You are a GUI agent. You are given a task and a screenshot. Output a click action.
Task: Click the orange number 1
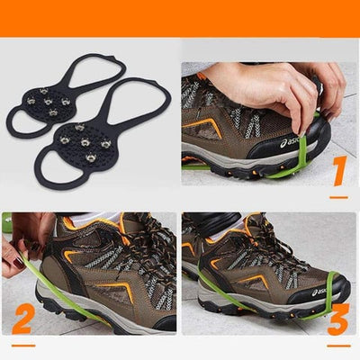click(x=338, y=171)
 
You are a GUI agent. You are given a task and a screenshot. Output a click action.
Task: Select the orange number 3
click(x=339, y=320)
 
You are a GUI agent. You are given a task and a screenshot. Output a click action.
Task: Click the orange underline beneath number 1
click(x=338, y=196)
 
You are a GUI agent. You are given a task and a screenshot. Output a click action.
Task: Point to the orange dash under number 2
click(x=23, y=345)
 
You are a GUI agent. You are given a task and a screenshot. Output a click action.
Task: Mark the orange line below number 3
click(x=338, y=345)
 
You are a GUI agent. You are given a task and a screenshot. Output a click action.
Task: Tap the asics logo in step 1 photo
click(x=291, y=142)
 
